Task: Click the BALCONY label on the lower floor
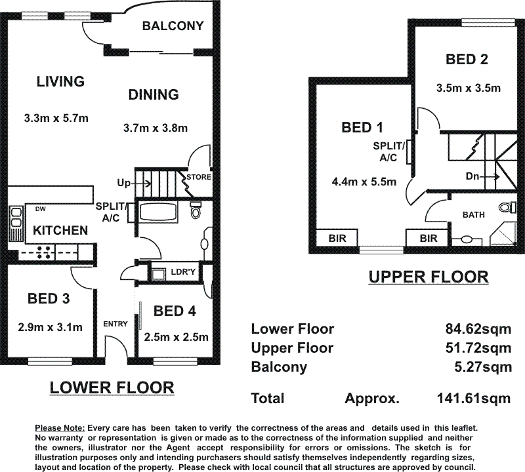(173, 26)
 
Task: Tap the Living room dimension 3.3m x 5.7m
(56, 118)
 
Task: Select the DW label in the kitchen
(40, 209)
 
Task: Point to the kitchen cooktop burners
(45, 252)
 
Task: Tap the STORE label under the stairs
(199, 176)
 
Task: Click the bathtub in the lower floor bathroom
(157, 211)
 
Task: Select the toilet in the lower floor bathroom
(195, 210)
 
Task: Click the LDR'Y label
(183, 271)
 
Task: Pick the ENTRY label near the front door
(115, 324)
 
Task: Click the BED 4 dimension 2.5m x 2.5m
(176, 337)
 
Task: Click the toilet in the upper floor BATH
(507, 207)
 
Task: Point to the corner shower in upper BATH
(502, 235)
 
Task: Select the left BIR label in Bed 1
(337, 238)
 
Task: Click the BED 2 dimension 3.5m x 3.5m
(469, 88)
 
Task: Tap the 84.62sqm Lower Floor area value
(478, 329)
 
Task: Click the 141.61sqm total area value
(474, 398)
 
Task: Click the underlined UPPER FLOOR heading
(429, 277)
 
